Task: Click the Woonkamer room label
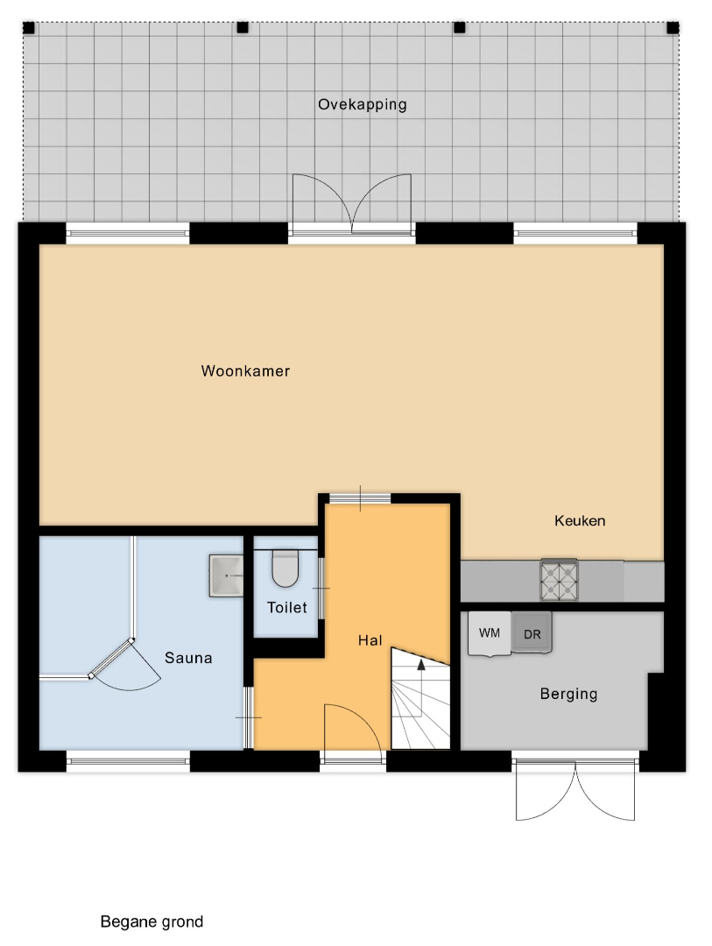pyautogui.click(x=245, y=371)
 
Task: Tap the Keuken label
pyautogui.click(x=580, y=520)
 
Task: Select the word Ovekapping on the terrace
pyautogui.click(x=362, y=105)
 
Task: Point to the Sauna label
pyautogui.click(x=188, y=658)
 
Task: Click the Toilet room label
pyautogui.click(x=287, y=608)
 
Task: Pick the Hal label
pyautogui.click(x=370, y=640)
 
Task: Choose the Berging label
pyautogui.click(x=568, y=694)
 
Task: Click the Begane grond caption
pyautogui.click(x=152, y=921)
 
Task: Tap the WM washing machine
pyautogui.click(x=490, y=633)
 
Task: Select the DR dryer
pyautogui.click(x=532, y=633)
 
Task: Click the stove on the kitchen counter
pyautogui.click(x=559, y=581)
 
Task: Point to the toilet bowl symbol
pyautogui.click(x=286, y=568)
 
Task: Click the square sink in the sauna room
pyautogui.click(x=226, y=576)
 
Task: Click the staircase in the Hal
pyautogui.click(x=420, y=699)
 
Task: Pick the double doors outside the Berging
pyautogui.click(x=575, y=790)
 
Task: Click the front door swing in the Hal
pyautogui.click(x=352, y=728)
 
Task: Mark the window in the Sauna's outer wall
pyautogui.click(x=128, y=761)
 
